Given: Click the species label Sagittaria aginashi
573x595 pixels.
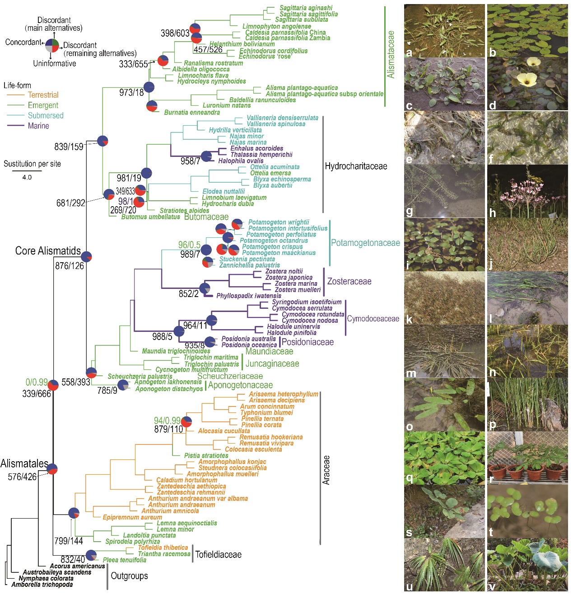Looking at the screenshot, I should pyautogui.click(x=306, y=8).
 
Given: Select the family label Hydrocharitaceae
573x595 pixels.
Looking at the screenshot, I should pyautogui.click(x=356, y=166).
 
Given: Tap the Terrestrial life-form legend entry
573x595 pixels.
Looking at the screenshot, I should pyautogui.click(x=43, y=95).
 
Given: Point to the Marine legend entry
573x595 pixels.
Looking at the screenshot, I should pyautogui.click(x=38, y=126).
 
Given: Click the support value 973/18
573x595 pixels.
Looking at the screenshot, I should pyautogui.click(x=131, y=93).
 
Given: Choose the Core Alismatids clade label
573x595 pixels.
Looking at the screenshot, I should pyautogui.click(x=48, y=251).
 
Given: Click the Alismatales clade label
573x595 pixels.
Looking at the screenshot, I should pyautogui.click(x=24, y=463).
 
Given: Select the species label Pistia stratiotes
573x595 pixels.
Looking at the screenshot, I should pyautogui.click(x=206, y=456).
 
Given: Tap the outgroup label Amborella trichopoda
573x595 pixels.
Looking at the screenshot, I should pyautogui.click(x=42, y=585).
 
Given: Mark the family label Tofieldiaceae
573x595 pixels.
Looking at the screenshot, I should pyautogui.click(x=218, y=554).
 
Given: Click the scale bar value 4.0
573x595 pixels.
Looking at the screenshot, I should pyautogui.click(x=27, y=177).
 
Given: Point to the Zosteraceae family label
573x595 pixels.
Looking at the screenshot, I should pyautogui.click(x=349, y=281).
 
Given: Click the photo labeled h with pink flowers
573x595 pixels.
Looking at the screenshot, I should pyautogui.click(x=527, y=191).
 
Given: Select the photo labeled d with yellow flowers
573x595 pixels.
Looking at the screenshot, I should pyautogui.click(x=527, y=84).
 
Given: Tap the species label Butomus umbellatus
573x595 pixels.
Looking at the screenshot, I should pyautogui.click(x=150, y=217).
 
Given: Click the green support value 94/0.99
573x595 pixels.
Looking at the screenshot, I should pyautogui.click(x=167, y=420).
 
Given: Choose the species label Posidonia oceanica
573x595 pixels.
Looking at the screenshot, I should pyautogui.click(x=249, y=345).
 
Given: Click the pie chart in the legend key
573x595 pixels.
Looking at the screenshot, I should pyautogui.click(x=52, y=45).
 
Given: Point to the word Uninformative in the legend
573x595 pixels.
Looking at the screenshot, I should pyautogui.click(x=54, y=63).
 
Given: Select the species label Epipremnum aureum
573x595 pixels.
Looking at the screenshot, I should pyautogui.click(x=132, y=517).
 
